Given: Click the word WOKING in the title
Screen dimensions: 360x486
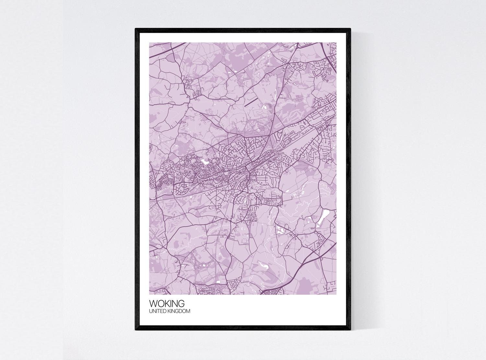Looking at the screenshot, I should coord(167,304).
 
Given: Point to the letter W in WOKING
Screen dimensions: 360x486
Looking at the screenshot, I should coord(153,304).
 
